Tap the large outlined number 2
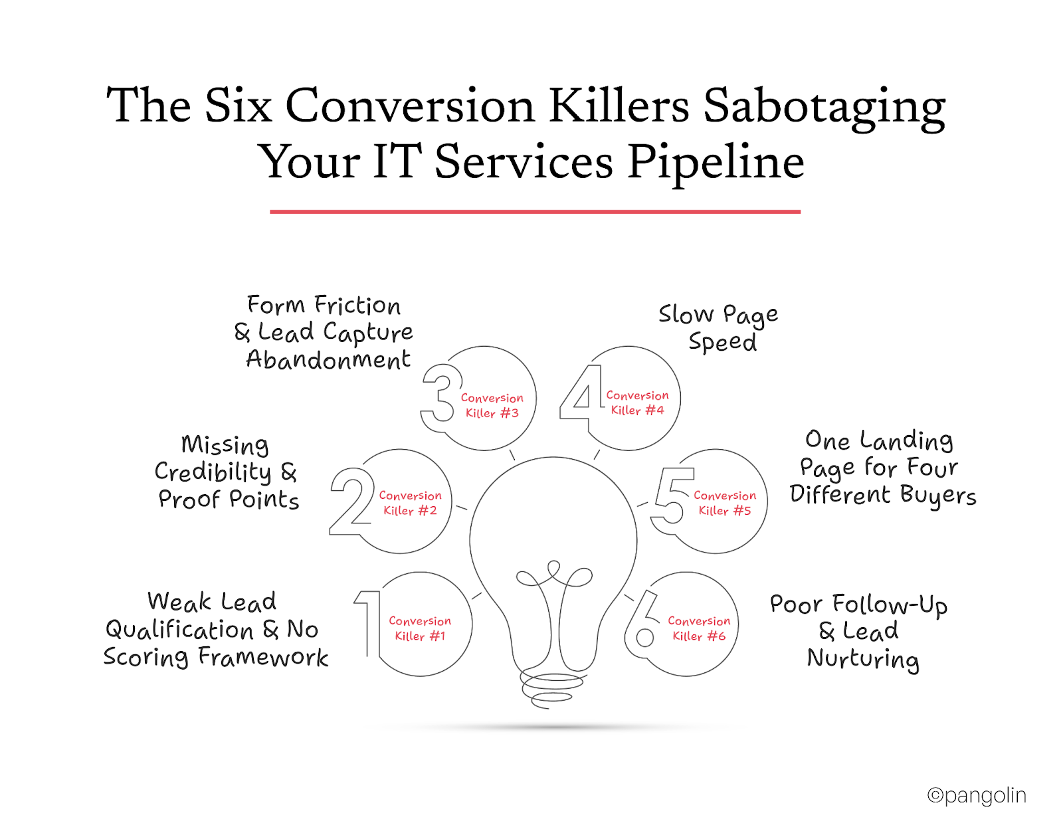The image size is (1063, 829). tap(351, 502)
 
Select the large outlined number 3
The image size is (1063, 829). tap(441, 397)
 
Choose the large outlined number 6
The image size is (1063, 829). tap(642, 624)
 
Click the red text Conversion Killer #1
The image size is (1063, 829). tap(420, 628)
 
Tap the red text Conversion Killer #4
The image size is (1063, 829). tap(637, 403)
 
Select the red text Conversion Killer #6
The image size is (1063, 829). tap(699, 628)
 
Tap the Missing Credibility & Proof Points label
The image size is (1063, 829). tap(227, 472)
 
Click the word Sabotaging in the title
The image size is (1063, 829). tap(824, 106)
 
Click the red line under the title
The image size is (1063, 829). tap(535, 212)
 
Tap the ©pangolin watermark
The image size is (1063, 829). tap(977, 795)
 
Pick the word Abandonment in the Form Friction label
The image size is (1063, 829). tap(328, 360)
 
